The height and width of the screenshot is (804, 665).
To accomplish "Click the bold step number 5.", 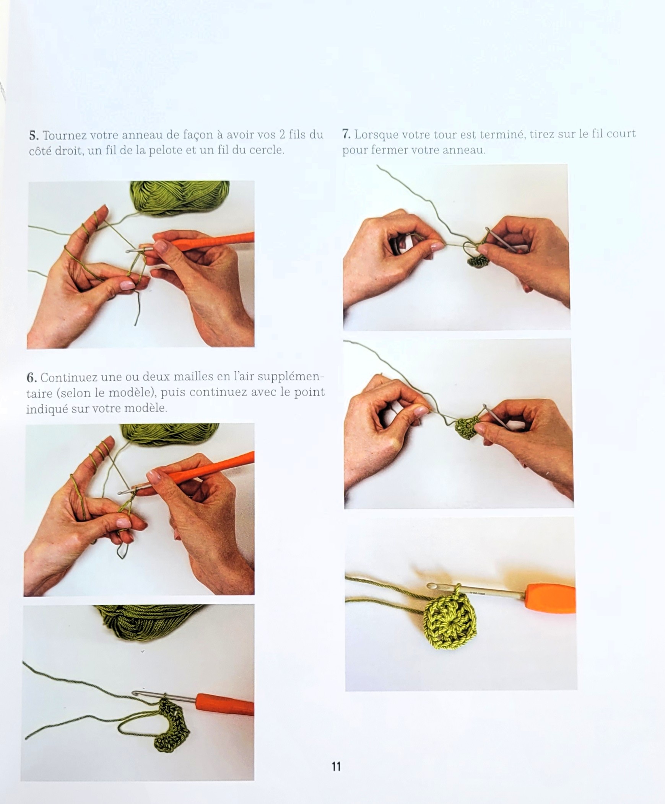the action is point(34,135).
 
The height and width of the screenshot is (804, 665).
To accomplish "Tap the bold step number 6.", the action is point(31,378).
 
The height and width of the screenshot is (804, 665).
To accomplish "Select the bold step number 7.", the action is point(346,134).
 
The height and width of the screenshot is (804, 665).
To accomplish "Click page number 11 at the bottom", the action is point(336,766).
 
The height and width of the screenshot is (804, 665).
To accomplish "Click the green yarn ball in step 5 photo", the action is point(180,197).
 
